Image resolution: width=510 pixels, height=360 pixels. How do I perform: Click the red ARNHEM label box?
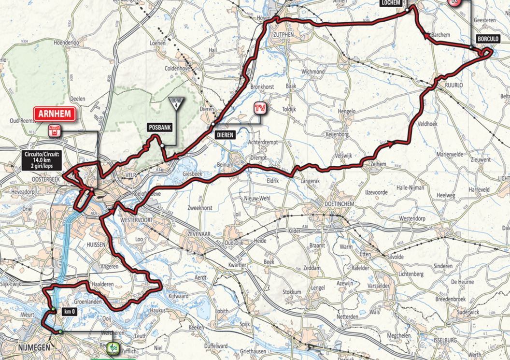coord(55,114)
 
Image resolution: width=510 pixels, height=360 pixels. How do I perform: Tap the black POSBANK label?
coord(159,128)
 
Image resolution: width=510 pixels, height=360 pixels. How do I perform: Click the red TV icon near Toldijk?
coord(260,108)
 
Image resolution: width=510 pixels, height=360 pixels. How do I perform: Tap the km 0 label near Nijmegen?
coord(70,312)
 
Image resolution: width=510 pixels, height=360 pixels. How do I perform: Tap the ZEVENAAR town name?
coord(205,233)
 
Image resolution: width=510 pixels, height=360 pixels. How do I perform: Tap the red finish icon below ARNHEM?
coord(55,130)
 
